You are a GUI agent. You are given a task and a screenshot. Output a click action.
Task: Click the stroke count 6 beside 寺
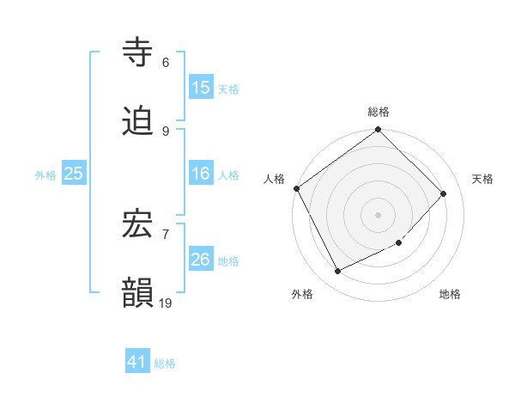click(x=166, y=63)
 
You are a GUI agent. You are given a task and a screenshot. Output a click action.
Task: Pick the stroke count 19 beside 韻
click(x=167, y=303)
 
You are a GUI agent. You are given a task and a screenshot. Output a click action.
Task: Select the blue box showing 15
click(x=201, y=88)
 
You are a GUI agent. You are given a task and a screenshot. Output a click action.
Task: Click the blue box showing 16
click(x=201, y=174)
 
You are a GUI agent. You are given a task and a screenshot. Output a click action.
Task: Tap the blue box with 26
click(x=201, y=260)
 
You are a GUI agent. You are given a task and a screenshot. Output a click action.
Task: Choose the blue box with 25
click(x=74, y=174)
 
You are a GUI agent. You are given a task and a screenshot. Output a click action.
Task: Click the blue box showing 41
click(x=137, y=362)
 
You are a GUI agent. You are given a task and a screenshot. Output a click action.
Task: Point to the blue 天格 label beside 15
click(x=227, y=89)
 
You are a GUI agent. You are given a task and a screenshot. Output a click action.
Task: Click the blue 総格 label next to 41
click(x=165, y=364)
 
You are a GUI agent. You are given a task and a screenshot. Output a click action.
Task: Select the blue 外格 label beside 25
click(x=45, y=174)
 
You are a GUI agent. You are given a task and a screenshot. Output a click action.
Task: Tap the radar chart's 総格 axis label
click(x=379, y=112)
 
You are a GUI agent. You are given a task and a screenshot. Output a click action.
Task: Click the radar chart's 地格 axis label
click(x=450, y=294)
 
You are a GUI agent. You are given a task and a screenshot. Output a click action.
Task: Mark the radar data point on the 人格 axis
click(x=296, y=188)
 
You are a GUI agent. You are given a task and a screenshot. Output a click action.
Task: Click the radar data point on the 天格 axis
click(x=444, y=193)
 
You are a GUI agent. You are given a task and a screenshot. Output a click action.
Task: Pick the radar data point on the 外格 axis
click(x=337, y=272)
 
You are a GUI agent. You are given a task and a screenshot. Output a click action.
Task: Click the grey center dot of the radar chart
click(x=378, y=214)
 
